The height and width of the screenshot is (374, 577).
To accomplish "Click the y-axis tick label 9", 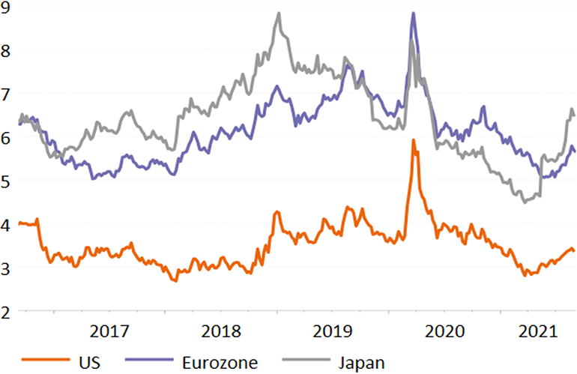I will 6,9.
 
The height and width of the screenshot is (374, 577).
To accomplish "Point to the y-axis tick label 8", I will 6,52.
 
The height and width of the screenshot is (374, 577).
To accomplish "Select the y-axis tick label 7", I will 6,95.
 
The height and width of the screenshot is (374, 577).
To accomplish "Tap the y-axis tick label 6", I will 6,139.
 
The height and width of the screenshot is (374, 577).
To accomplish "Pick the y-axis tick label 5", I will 6,181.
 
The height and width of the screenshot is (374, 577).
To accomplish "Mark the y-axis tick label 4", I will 6,225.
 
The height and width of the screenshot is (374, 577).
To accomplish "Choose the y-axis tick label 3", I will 6,268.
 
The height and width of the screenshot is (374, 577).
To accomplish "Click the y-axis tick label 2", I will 6,311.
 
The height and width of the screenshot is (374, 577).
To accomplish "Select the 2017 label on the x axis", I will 110,331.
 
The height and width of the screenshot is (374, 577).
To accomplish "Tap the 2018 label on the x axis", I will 222,331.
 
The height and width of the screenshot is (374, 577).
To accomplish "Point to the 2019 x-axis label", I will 334,331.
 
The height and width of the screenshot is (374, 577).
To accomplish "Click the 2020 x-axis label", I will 446,331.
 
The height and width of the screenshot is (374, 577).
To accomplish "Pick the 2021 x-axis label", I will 541,331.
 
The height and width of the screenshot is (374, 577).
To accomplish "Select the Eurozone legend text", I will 219,363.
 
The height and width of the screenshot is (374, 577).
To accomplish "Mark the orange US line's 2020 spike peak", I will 413,140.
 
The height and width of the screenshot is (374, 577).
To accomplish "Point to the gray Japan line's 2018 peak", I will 278,13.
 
